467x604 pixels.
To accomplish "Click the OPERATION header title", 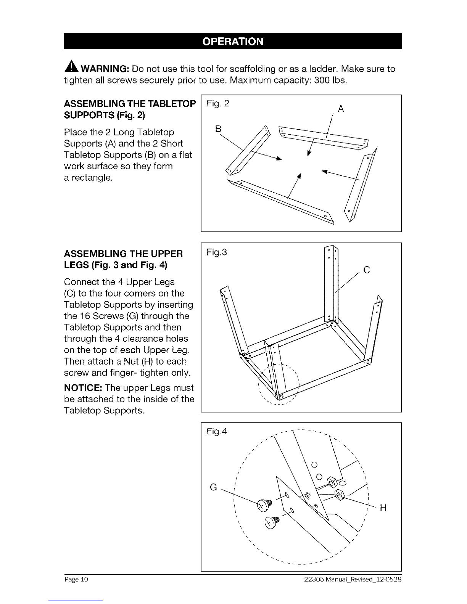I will [232, 41].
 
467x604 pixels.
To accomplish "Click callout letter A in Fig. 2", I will [341, 109].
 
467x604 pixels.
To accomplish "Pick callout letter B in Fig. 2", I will [218, 129].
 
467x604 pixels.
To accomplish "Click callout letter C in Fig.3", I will [367, 270].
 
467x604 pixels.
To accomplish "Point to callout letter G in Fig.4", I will [214, 487].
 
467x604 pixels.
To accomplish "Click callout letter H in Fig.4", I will [383, 508].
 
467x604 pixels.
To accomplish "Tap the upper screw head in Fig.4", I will [262, 506].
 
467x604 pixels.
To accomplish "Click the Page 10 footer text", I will [76, 580].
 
